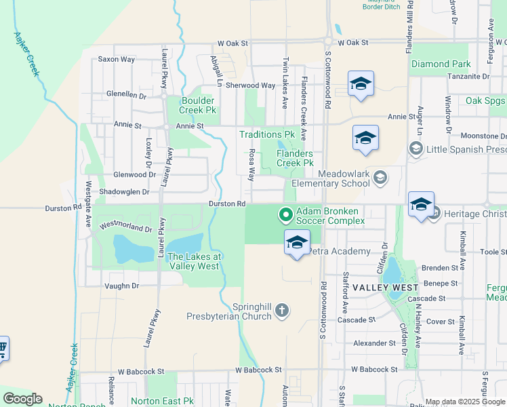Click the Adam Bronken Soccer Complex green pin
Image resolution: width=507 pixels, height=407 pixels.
click(x=286, y=216)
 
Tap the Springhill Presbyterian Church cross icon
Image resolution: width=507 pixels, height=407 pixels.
click(x=282, y=311)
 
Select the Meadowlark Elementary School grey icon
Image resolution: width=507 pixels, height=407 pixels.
click(x=380, y=178)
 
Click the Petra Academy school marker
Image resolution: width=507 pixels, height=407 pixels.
click(x=297, y=242)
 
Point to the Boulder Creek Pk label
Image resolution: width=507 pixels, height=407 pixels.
click(x=198, y=104)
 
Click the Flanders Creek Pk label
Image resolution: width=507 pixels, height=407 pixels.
click(x=295, y=158)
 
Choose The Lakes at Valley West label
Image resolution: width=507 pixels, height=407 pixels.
click(x=194, y=261)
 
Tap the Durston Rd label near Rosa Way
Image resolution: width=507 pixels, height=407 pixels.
click(x=226, y=203)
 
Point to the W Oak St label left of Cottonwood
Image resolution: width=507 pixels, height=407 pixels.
click(x=233, y=43)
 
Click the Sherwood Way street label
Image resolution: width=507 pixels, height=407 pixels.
click(x=250, y=85)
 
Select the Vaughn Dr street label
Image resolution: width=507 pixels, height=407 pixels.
click(x=121, y=286)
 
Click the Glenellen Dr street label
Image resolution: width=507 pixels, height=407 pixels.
click(x=126, y=95)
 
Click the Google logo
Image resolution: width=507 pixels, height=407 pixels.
click(x=22, y=399)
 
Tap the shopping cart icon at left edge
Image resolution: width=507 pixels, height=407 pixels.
click(x=2, y=349)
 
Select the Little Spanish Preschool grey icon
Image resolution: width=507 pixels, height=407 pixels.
click(x=415, y=148)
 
